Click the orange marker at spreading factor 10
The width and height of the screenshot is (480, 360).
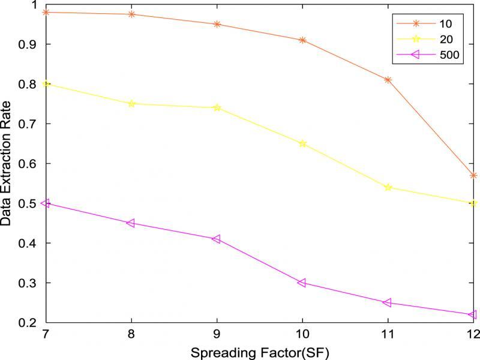pos(302,40)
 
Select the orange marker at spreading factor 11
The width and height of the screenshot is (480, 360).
pos(388,80)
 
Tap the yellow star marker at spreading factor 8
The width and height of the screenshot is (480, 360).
pos(131,104)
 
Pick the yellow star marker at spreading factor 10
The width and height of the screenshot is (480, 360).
pos(302,143)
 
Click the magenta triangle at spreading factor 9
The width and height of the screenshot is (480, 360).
pos(217,239)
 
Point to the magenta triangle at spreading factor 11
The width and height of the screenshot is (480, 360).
pos(388,302)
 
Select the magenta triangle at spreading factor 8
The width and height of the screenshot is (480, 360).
pos(131,223)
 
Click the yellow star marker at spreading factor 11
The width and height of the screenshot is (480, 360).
pos(388,187)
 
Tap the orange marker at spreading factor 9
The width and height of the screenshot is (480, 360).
pos(217,24)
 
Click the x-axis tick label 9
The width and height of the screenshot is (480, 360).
pos(217,333)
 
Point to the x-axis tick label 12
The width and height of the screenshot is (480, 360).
pos(472,333)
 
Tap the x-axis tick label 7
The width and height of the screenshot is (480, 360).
pos(46,333)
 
